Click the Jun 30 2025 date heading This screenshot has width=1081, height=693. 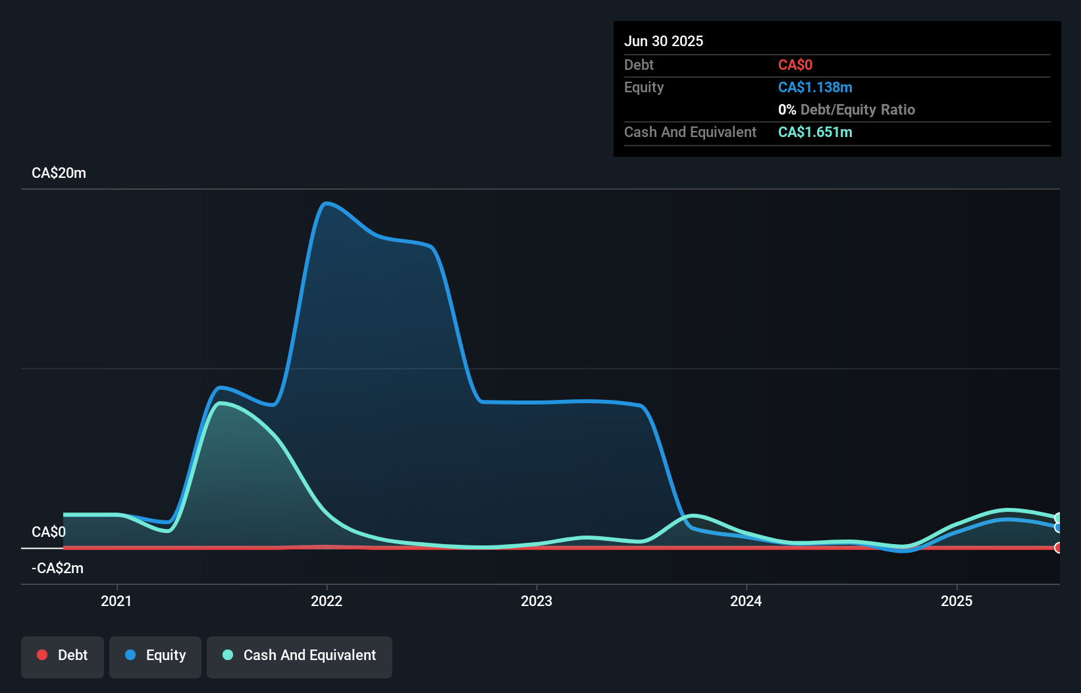pyautogui.click(x=663, y=41)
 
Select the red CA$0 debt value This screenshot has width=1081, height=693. pyautogui.click(x=795, y=65)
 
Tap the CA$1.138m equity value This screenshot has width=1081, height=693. pyautogui.click(x=814, y=87)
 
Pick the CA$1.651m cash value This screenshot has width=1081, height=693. pyautogui.click(x=814, y=132)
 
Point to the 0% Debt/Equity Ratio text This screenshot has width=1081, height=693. pyautogui.click(x=846, y=109)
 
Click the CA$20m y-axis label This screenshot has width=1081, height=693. pyautogui.click(x=59, y=173)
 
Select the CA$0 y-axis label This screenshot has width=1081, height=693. pyautogui.click(x=48, y=532)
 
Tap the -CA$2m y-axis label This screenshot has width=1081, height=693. pyautogui.click(x=57, y=568)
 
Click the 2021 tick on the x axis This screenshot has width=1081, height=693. pyautogui.click(x=117, y=600)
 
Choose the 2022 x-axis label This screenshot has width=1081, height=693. pyautogui.click(x=327, y=600)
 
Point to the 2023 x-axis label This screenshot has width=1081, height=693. pyautogui.click(x=536, y=600)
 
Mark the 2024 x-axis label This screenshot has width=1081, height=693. pyautogui.click(x=746, y=600)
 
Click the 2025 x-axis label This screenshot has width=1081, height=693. pyautogui.click(x=956, y=600)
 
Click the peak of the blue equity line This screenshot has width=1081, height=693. pyautogui.click(x=325, y=203)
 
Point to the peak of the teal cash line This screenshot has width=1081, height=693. pyautogui.click(x=221, y=402)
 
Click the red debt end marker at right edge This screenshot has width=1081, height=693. pyautogui.click(x=1058, y=547)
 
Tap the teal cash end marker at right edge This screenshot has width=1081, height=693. pyautogui.click(x=1058, y=518)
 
